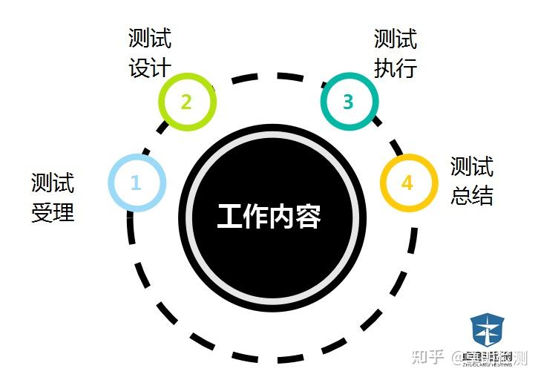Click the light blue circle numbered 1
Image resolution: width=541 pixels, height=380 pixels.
136,182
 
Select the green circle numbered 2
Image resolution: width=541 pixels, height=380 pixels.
186,101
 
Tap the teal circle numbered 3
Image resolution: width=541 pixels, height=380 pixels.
348,101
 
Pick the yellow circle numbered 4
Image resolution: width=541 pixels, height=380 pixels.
407,183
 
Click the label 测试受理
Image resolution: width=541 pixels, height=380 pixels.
53,197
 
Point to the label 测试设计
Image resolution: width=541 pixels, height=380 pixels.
149,53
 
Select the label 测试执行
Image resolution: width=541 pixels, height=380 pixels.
396,53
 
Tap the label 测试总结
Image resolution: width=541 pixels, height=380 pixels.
472,181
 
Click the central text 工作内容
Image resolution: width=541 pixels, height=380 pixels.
269,216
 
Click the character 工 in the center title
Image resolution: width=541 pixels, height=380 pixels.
230,216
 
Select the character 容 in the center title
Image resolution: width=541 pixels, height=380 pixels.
308,216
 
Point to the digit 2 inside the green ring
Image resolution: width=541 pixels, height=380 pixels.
186,101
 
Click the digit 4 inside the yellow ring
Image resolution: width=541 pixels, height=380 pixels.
407,183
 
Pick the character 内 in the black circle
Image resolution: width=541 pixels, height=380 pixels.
283,216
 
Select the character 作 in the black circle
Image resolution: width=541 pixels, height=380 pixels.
256,216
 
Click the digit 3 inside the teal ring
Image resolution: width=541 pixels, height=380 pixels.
348,101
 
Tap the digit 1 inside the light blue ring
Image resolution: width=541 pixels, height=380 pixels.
136,182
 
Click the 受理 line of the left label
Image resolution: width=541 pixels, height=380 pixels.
53,213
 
